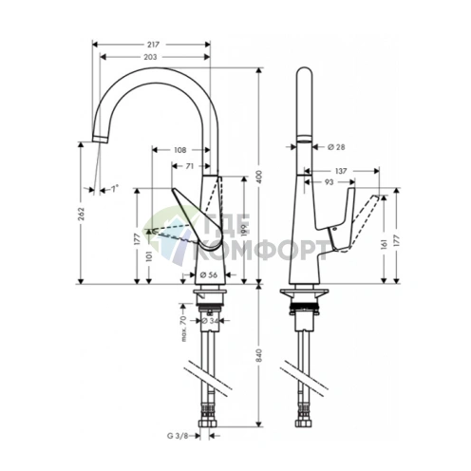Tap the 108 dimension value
coord(180,149)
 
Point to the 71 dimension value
coord(191,166)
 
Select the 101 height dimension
coord(152,253)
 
